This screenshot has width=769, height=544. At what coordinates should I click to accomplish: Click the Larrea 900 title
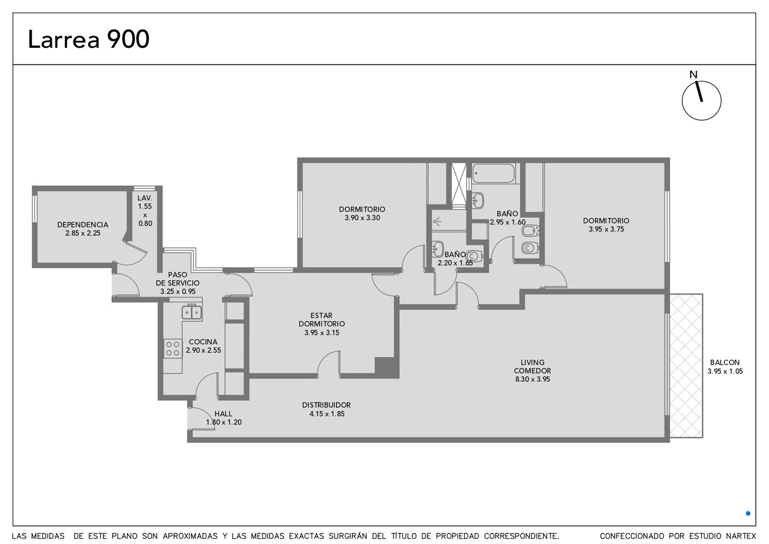(x=89, y=39)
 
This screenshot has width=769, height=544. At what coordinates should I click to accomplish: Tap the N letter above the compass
(x=694, y=75)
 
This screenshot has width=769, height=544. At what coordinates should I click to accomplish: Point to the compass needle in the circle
(x=698, y=91)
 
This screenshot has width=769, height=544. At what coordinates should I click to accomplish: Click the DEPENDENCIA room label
(x=83, y=225)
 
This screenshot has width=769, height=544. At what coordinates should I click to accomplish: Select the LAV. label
(x=145, y=198)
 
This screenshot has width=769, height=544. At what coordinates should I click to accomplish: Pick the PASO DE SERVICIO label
(x=178, y=279)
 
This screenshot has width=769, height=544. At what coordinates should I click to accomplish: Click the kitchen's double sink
(x=192, y=312)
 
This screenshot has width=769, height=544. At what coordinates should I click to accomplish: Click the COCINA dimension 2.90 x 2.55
(x=203, y=351)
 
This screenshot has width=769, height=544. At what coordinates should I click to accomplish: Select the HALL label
(x=223, y=414)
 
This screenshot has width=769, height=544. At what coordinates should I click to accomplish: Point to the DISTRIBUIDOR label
(x=327, y=405)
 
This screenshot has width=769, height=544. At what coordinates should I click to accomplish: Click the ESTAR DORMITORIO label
(x=322, y=319)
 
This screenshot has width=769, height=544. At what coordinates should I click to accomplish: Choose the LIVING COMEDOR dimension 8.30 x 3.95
(x=532, y=379)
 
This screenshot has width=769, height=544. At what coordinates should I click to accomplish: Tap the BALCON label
(x=725, y=362)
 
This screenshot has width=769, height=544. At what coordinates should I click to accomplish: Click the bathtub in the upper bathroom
(x=493, y=173)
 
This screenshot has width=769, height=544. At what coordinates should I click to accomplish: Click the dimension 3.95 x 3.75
(x=606, y=229)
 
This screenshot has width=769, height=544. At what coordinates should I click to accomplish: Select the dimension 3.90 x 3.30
(x=362, y=218)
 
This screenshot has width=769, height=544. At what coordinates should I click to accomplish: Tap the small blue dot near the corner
(x=748, y=513)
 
